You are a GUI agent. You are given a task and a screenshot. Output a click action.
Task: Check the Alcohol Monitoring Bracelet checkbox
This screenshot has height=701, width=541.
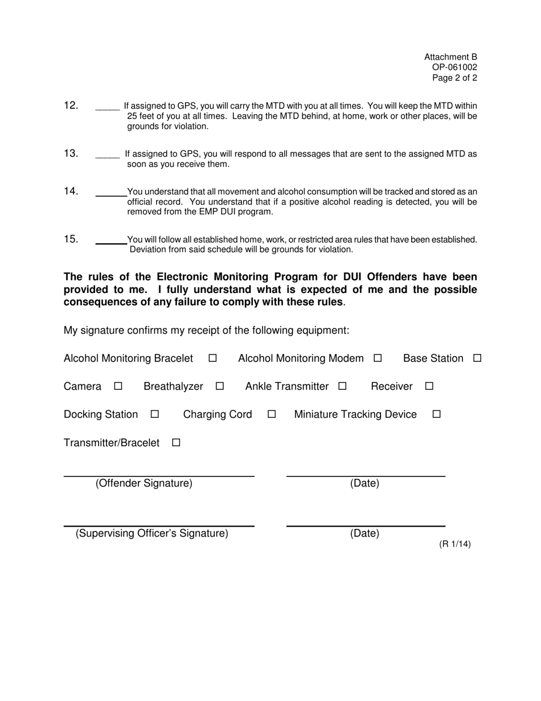(212, 358)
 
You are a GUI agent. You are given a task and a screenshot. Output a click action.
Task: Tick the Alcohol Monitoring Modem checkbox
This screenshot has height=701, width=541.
(378, 358)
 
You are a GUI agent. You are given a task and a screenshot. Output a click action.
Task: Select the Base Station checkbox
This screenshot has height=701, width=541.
(477, 358)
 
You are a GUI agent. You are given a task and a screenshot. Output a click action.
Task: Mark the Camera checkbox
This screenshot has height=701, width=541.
(118, 386)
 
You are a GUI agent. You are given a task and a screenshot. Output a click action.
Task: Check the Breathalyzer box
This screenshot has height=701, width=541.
(220, 386)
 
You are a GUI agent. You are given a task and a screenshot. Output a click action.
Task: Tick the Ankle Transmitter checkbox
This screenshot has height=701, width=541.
(342, 386)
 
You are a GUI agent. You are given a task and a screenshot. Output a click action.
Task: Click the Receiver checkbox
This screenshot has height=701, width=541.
(429, 386)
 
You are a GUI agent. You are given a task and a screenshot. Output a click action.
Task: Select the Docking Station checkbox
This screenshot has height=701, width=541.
(154, 414)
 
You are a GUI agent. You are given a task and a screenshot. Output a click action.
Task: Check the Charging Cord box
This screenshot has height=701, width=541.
(272, 414)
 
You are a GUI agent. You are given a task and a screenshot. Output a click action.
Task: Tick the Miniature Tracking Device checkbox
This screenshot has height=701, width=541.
(437, 414)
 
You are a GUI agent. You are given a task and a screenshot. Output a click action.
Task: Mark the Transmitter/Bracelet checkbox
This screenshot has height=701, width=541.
(176, 443)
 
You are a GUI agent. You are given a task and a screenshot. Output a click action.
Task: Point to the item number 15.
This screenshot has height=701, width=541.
(71, 239)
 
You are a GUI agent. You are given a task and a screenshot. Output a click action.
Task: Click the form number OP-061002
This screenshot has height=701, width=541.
(454, 68)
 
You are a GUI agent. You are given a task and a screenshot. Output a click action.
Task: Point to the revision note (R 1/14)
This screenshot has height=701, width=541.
(454, 544)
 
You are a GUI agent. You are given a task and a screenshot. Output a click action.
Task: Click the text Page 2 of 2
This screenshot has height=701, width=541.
(454, 78)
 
